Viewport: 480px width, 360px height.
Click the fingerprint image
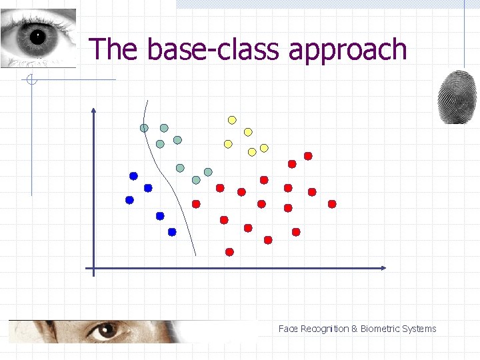[x=457, y=97]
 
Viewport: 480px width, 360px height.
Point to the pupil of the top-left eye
[x=36, y=36]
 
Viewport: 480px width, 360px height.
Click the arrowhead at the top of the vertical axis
[x=93, y=111]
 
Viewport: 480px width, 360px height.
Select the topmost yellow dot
[x=232, y=120]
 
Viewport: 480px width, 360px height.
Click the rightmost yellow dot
[x=264, y=147]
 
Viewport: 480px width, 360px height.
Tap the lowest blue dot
[x=172, y=232]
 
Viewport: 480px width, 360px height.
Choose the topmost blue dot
[x=133, y=176]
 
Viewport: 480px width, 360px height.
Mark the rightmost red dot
[x=332, y=204]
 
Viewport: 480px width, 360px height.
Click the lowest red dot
[x=229, y=252]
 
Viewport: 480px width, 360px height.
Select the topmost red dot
[x=308, y=156]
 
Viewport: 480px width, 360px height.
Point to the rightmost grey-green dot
[x=208, y=172]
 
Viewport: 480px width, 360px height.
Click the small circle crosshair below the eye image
[x=31, y=81]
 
